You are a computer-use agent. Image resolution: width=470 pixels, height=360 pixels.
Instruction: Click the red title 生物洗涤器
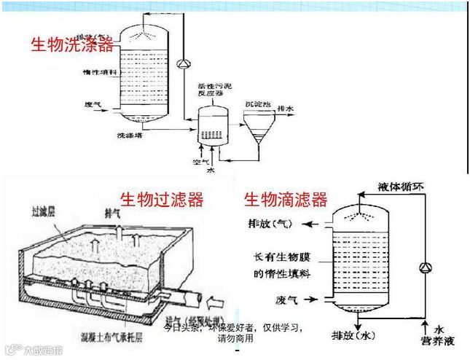click(x=71, y=45)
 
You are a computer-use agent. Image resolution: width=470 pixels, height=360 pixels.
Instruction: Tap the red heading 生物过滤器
click(x=161, y=199)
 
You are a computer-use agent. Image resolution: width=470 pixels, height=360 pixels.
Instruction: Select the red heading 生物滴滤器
click(x=285, y=199)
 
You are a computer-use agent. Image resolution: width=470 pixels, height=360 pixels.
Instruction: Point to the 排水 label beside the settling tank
click(x=286, y=109)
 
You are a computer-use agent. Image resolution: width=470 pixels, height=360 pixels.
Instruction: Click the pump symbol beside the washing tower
click(x=183, y=63)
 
